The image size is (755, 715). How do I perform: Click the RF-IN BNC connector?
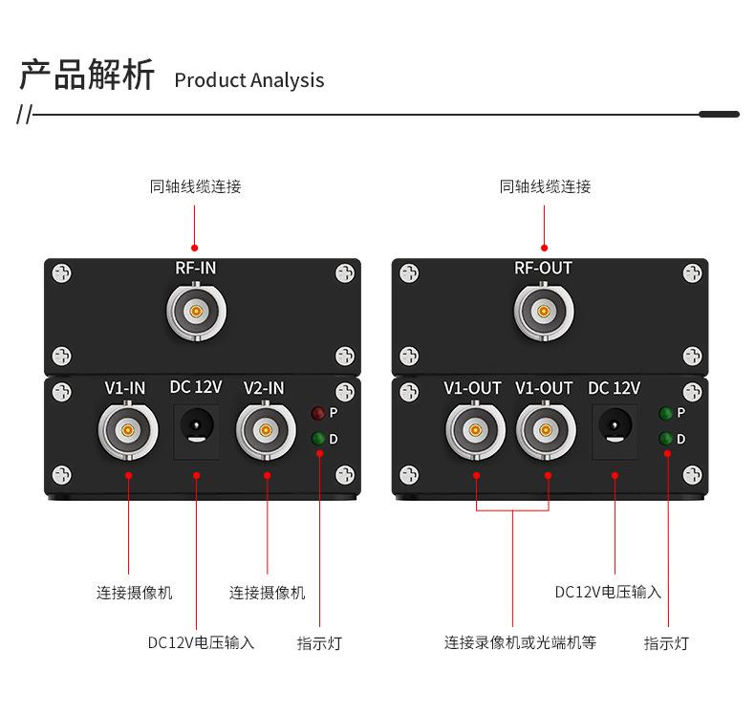click(x=196, y=312)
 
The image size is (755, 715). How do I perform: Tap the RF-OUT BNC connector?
click(x=544, y=312)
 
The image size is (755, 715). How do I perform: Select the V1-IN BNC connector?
click(x=127, y=430)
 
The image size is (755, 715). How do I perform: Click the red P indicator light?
click(x=318, y=413)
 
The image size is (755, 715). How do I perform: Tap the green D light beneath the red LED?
click(x=318, y=439)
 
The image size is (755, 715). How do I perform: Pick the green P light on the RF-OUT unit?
click(x=666, y=413)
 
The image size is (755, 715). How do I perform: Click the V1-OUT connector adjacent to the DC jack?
click(x=546, y=430)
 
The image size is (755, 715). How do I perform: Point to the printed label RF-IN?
click(x=196, y=269)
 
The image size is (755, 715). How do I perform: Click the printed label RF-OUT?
click(x=543, y=269)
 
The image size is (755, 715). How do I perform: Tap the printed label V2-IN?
click(x=264, y=387)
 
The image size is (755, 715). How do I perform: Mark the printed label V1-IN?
click(x=125, y=387)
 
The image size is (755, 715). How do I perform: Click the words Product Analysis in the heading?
click(x=249, y=80)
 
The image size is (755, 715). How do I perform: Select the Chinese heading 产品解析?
click(x=87, y=75)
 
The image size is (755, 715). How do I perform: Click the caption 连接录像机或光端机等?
click(x=520, y=642)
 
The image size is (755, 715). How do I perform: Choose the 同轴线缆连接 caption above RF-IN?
click(x=196, y=186)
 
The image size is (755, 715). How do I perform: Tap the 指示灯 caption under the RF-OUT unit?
click(x=665, y=643)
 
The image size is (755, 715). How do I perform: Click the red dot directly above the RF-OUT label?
click(x=544, y=247)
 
